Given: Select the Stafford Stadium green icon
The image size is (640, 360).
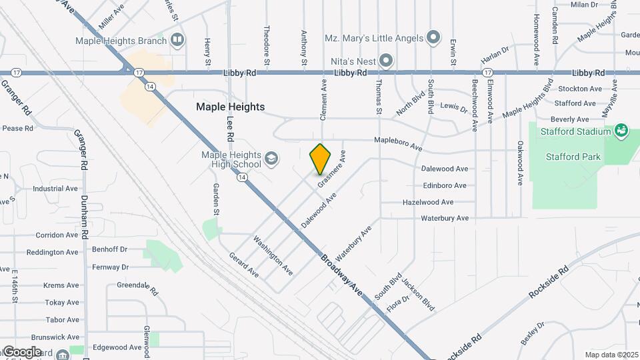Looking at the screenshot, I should pyautogui.click(x=621, y=130).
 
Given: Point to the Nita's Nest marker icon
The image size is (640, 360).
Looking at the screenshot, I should pyautogui.click(x=386, y=61).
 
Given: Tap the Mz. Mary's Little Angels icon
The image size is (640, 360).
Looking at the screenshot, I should pyautogui.click(x=433, y=37).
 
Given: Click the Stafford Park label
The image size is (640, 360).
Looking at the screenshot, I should pyautogui.click(x=573, y=157).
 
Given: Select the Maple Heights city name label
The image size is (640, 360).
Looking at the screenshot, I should pyautogui.click(x=230, y=107).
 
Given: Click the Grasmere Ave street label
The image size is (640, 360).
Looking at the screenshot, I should pyautogui.click(x=332, y=169).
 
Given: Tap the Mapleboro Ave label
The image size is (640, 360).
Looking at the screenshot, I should pyautogui.click(x=398, y=142).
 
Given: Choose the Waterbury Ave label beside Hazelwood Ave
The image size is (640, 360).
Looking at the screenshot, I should pyautogui.click(x=445, y=218).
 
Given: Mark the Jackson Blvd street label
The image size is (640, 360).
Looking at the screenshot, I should pyautogui.click(x=419, y=294).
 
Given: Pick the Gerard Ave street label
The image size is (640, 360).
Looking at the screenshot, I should pyautogui.click(x=243, y=265).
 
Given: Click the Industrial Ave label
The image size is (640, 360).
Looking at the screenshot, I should pyautogui.click(x=55, y=189).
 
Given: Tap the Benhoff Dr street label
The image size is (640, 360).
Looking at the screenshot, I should pyautogui.click(x=109, y=249).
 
